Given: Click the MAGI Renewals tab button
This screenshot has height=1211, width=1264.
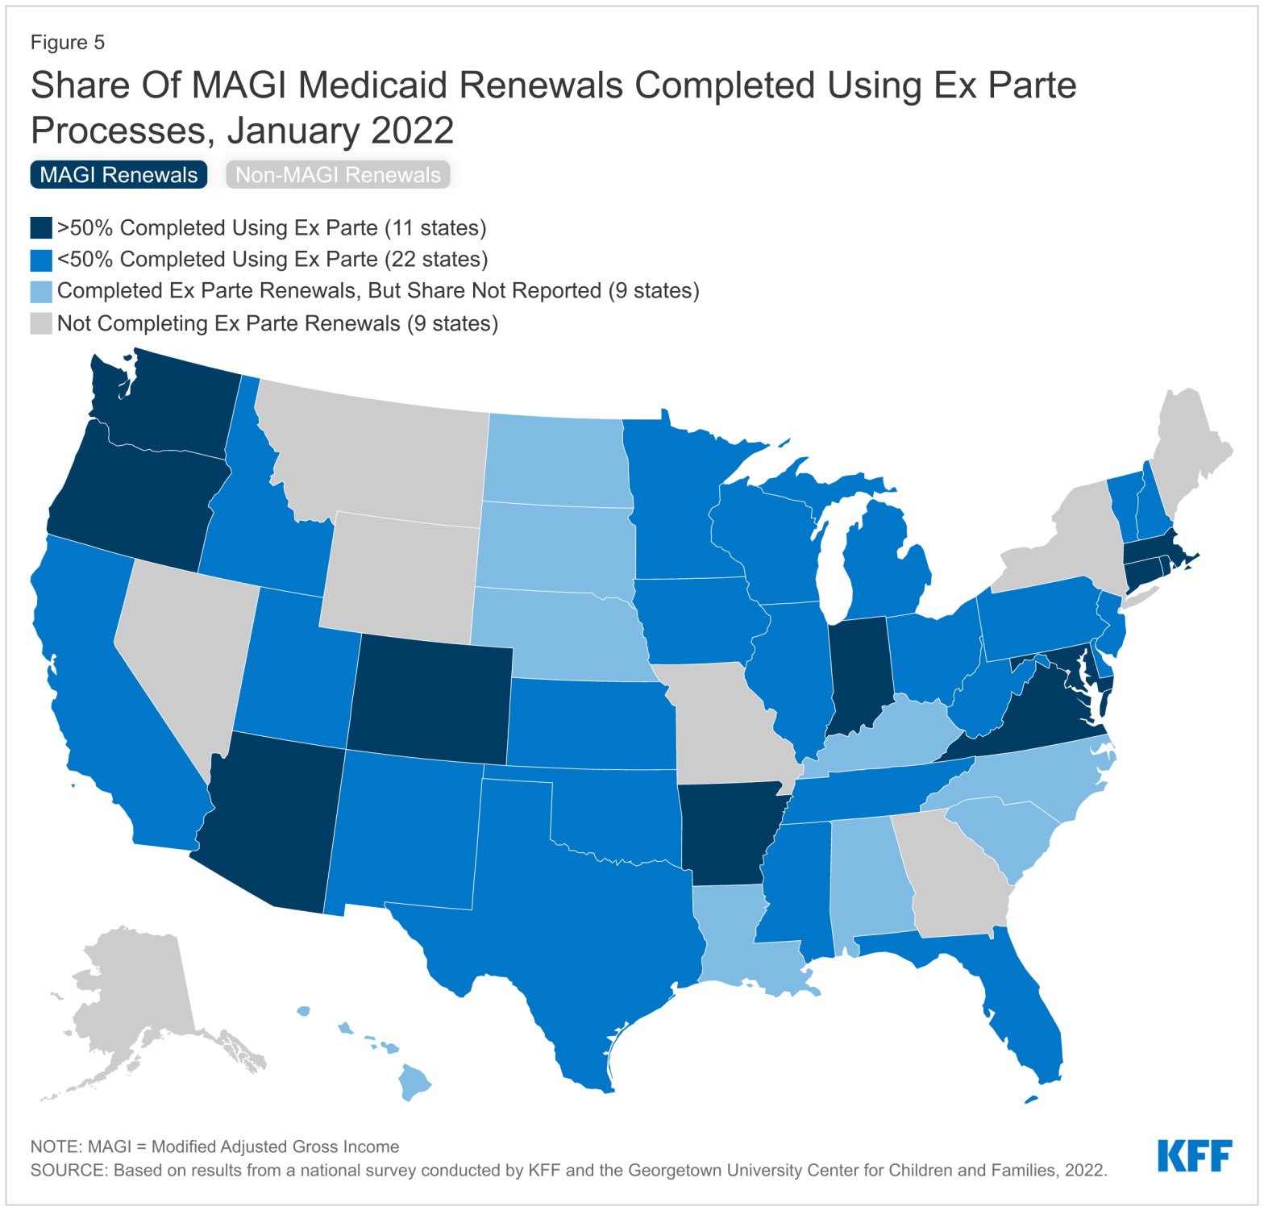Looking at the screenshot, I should tap(118, 175).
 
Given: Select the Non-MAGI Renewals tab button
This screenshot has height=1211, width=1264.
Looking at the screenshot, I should tap(337, 175).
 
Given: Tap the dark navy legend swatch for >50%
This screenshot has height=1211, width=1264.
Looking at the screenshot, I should tap(41, 228).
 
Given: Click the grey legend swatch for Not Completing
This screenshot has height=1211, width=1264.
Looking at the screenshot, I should tap(41, 323).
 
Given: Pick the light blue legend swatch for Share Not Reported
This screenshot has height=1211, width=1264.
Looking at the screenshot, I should tap(41, 291).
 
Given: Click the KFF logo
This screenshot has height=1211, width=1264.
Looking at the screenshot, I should tap(1194, 1155).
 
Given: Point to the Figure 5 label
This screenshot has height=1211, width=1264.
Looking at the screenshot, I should tap(68, 43).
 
